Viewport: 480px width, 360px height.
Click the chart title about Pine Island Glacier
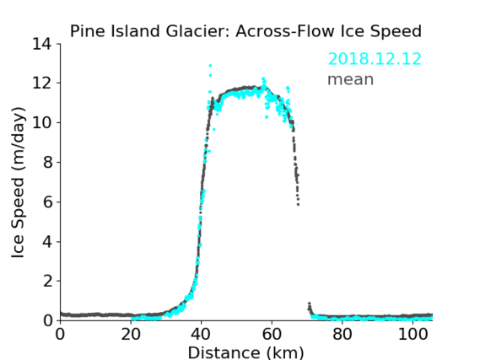pos(245,31)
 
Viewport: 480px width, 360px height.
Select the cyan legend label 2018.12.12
pos(375,59)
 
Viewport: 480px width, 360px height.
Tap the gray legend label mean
pos(351,79)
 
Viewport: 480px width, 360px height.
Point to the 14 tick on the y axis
pos(42,44)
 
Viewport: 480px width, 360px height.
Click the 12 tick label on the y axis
pos(42,83)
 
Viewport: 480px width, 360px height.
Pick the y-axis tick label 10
pos(42,122)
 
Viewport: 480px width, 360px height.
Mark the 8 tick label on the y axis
pos(47,162)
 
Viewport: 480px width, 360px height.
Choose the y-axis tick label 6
pos(47,201)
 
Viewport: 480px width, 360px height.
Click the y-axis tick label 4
pos(47,241)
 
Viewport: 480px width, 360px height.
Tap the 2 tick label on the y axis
pos(47,281)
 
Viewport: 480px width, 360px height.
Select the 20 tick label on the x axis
pos(131,335)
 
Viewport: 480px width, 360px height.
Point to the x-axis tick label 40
pos(201,335)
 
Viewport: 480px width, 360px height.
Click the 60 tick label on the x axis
pos(272,335)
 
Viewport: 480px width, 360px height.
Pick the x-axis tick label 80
pos(342,335)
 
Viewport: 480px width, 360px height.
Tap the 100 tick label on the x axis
pos(413,335)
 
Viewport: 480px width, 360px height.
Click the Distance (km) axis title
pos(245,352)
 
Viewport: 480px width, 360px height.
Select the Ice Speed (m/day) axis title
pos(18,182)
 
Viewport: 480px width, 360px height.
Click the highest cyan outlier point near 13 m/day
pos(210,66)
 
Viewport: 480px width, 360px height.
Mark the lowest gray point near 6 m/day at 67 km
pos(298,204)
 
